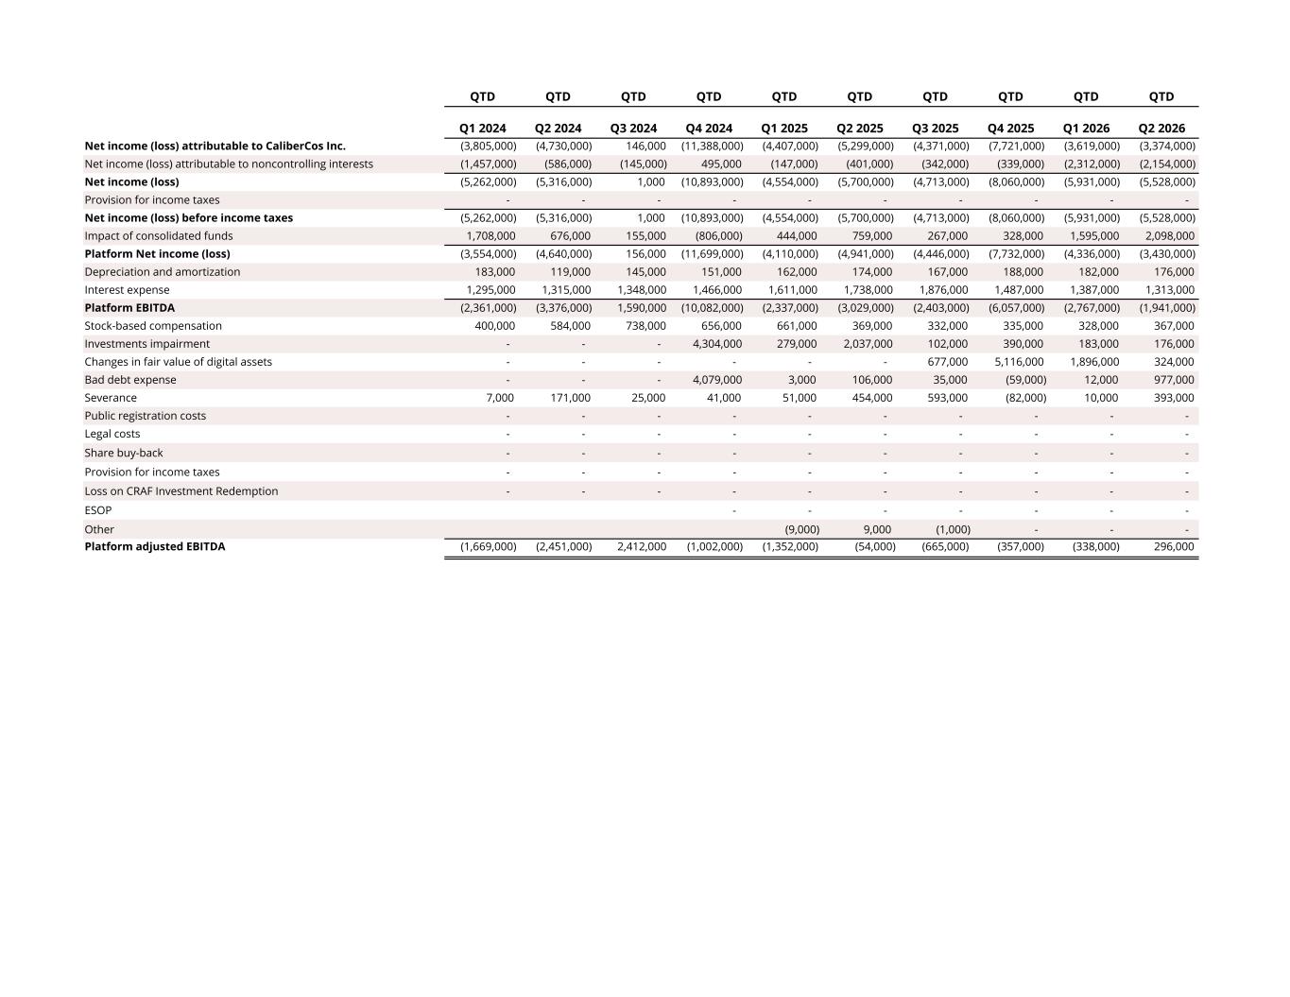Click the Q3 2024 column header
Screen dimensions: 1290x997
click(633, 129)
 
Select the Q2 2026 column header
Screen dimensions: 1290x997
click(1161, 129)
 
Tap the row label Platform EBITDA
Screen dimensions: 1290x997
click(129, 307)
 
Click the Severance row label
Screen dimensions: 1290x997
click(111, 398)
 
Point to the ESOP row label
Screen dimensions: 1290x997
click(98, 510)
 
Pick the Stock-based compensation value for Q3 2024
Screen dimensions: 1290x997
click(645, 326)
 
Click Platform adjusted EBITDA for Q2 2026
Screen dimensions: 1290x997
click(1174, 546)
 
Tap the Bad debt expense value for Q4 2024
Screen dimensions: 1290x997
click(716, 380)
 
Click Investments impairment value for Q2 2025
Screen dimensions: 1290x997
click(868, 344)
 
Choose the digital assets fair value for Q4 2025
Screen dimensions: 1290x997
click(1019, 361)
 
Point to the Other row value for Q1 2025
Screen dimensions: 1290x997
click(802, 529)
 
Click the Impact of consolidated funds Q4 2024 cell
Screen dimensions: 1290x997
click(719, 235)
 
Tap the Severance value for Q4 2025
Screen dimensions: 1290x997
click(1025, 398)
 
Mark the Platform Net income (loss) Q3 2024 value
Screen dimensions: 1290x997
click(645, 253)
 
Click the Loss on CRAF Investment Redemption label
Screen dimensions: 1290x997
click(181, 490)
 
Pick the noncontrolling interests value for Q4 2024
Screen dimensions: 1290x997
click(721, 163)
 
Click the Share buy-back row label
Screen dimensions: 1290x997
click(124, 453)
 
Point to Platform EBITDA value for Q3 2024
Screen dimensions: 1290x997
click(642, 307)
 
